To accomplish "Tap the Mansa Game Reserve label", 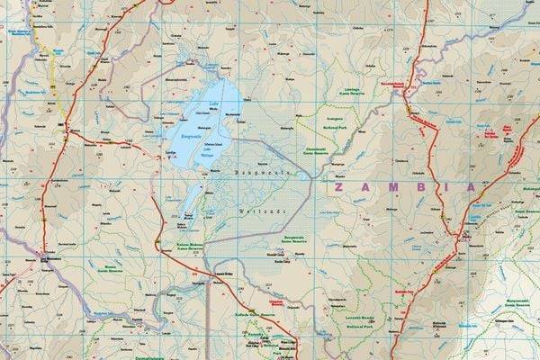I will pos(106,266).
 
